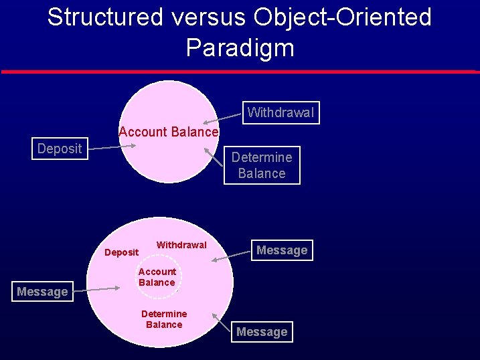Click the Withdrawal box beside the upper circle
click(x=281, y=112)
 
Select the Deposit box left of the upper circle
click(x=60, y=149)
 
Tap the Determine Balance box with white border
click(x=262, y=165)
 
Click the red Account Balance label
click(x=169, y=132)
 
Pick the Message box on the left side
click(x=42, y=292)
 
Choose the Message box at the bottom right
click(x=262, y=332)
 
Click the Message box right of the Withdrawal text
click(x=282, y=250)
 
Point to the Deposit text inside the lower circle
click(x=121, y=252)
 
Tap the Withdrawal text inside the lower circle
click(x=181, y=245)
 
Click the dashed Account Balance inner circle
click(x=157, y=277)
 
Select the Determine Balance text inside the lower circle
click(x=164, y=319)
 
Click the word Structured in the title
click(x=105, y=17)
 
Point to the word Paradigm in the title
click(x=240, y=48)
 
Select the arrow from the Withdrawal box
click(x=222, y=118)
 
